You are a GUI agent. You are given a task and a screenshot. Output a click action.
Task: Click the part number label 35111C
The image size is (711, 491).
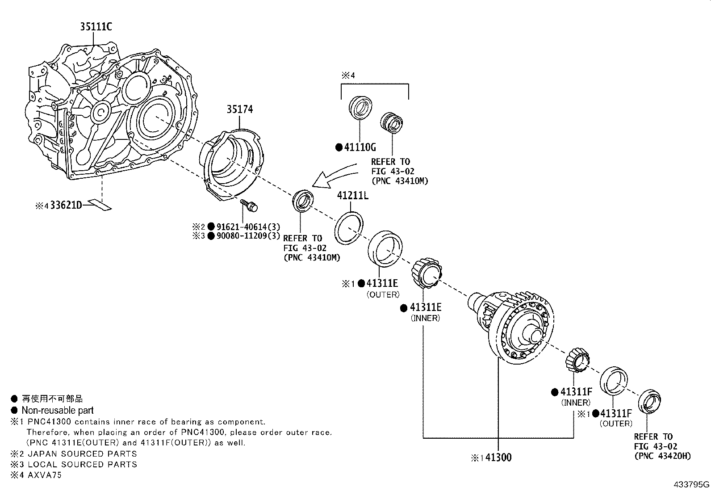96,27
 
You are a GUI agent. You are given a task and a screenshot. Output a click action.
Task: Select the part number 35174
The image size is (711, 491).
239,109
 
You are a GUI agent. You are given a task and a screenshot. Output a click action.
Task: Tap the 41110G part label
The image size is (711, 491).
360,147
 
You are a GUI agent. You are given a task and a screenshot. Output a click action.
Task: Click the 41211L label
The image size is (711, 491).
352,196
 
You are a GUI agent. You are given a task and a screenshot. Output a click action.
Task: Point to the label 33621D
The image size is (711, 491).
67,206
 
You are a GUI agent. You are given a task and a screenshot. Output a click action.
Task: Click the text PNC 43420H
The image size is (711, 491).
662,456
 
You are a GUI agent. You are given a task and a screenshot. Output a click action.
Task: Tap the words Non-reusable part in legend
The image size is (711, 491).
58,410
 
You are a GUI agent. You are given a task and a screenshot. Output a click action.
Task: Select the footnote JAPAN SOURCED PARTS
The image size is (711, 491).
82,453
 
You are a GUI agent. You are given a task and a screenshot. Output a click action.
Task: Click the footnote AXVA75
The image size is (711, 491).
45,475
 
